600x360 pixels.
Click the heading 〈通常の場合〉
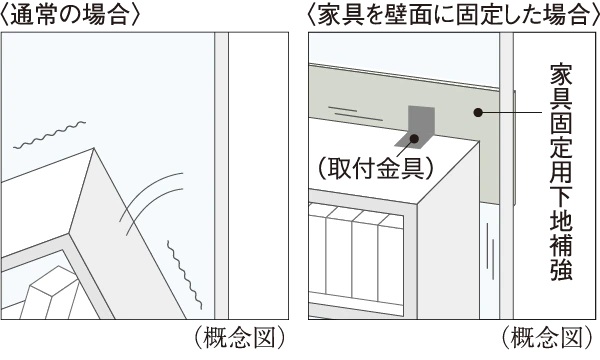(x=70, y=15)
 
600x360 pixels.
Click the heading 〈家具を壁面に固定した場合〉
(x=453, y=15)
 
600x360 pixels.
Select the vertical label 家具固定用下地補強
(x=561, y=173)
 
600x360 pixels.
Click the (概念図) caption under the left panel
(x=240, y=337)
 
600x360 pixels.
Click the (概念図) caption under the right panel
(x=547, y=337)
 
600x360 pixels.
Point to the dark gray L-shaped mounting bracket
(x=416, y=127)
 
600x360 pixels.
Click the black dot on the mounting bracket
(x=414, y=138)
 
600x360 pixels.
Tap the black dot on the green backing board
(x=478, y=112)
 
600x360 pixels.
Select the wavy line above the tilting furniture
(x=49, y=135)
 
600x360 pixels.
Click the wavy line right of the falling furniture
(x=184, y=275)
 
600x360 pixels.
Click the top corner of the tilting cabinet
(x=94, y=148)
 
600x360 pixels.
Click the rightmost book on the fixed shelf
(x=391, y=259)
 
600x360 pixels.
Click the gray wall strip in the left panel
(x=221, y=176)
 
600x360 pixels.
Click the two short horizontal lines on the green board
(x=355, y=114)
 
